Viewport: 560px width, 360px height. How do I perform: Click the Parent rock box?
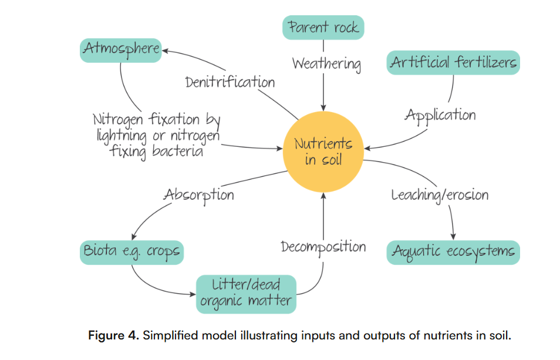click(323, 28)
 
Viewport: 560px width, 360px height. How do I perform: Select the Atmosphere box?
click(121, 49)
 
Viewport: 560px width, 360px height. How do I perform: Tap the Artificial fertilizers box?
click(453, 62)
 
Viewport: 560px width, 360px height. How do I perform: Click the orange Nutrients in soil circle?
click(323, 151)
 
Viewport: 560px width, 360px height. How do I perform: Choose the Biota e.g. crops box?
click(131, 253)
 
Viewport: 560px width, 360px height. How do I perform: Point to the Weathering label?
click(326, 63)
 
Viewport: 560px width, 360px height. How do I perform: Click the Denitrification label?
click(230, 82)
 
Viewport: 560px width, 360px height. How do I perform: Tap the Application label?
click(440, 115)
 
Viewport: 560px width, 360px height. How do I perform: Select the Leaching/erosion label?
click(440, 194)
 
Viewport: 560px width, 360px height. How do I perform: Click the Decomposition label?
click(323, 247)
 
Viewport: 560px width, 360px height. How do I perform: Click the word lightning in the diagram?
click(122, 136)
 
